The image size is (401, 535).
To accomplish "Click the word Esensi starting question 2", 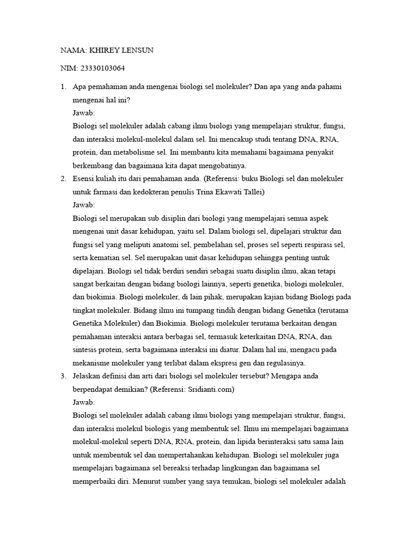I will [85, 179].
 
